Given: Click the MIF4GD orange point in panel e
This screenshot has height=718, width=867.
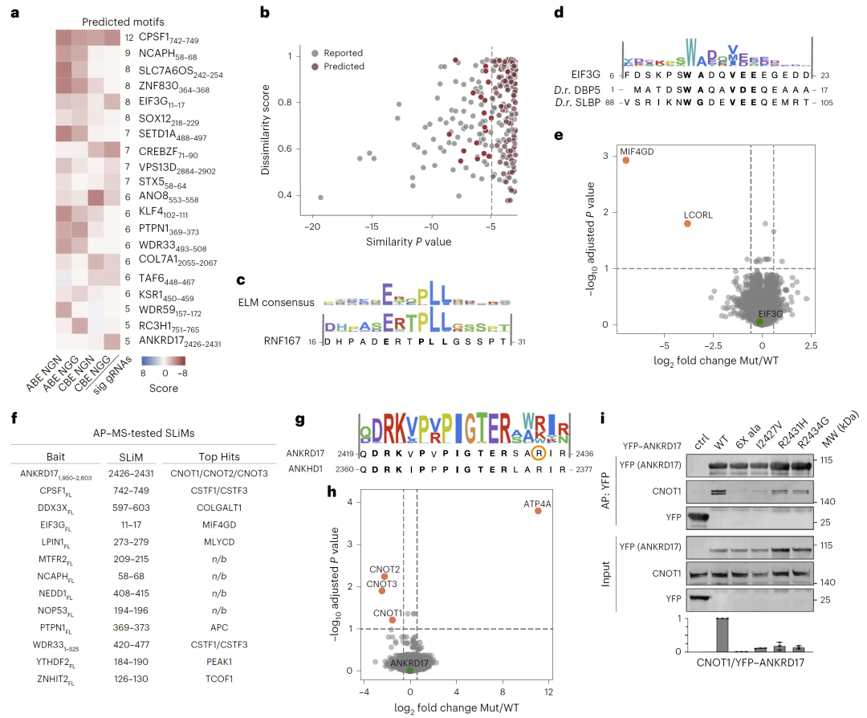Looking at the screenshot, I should pyautogui.click(x=626, y=160).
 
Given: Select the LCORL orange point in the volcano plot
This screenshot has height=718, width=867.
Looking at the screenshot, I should pyautogui.click(x=687, y=223).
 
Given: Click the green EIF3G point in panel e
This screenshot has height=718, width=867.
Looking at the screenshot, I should pyautogui.click(x=759, y=321).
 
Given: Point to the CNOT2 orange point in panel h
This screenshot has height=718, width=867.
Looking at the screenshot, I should pyautogui.click(x=385, y=576).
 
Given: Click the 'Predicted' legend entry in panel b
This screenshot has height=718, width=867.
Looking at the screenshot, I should pyautogui.click(x=340, y=66).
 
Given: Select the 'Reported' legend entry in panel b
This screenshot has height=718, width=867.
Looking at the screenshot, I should pyautogui.click(x=340, y=53).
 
